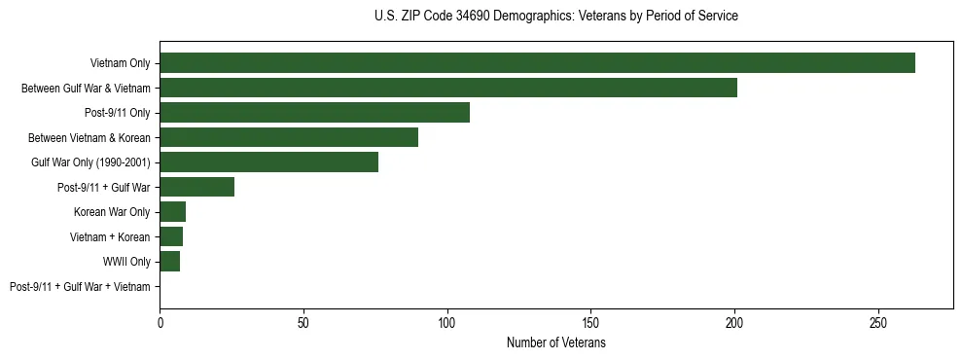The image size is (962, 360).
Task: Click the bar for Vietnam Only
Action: (537, 63)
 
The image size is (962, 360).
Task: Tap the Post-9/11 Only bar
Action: (314, 113)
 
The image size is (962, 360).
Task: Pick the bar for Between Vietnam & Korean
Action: (289, 137)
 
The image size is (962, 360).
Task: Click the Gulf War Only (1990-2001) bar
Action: (268, 162)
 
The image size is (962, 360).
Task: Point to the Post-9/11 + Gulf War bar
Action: (196, 187)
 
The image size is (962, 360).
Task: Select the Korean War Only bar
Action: (172, 212)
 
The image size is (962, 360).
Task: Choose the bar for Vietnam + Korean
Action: (171, 236)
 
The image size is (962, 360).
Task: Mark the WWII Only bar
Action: (169, 262)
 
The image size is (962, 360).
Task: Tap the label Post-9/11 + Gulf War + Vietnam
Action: (80, 287)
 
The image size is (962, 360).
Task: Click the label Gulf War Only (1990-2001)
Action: (89, 162)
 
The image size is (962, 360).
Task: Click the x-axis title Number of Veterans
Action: (555, 343)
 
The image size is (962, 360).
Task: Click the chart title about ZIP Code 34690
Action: (555, 17)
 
